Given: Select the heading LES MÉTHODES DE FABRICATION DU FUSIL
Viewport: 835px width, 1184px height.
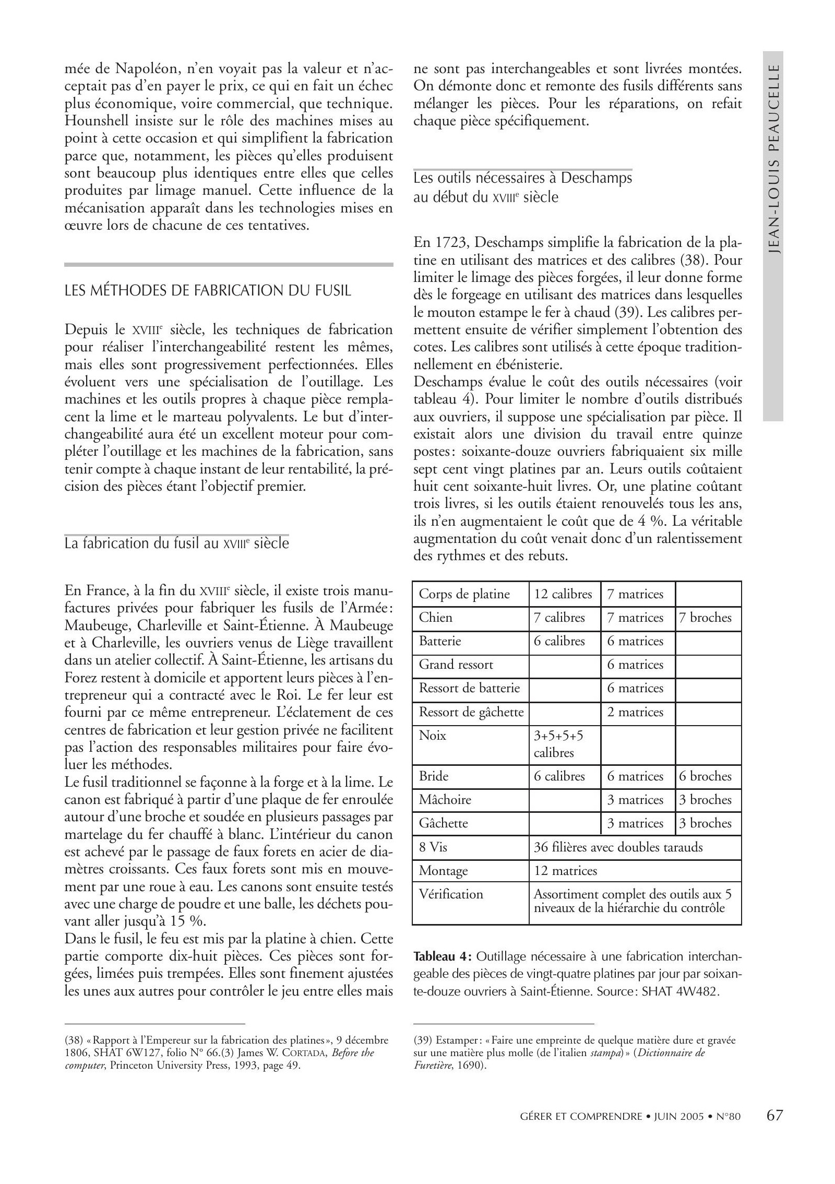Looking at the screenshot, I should tap(208, 290).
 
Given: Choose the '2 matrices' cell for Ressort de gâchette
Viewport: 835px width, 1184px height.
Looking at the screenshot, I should tap(635, 712).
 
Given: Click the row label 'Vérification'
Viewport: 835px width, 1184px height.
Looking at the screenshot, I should tap(451, 894).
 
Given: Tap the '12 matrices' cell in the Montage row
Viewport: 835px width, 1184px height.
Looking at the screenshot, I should tap(565, 871).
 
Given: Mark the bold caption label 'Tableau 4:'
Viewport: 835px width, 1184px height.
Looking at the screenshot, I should tap(442, 957).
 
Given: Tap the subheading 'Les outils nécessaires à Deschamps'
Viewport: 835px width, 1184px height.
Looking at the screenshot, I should tap(522, 178).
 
